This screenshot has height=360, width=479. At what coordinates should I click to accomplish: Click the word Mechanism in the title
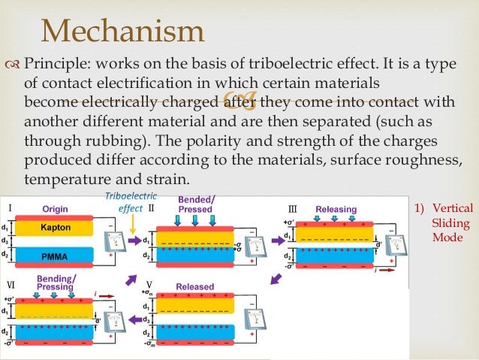tap(122, 32)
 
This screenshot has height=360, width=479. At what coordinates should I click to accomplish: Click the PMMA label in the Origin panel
tap(55, 256)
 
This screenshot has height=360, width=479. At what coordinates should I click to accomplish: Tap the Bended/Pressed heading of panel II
tap(197, 204)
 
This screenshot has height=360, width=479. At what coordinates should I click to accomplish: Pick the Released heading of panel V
tap(194, 286)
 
